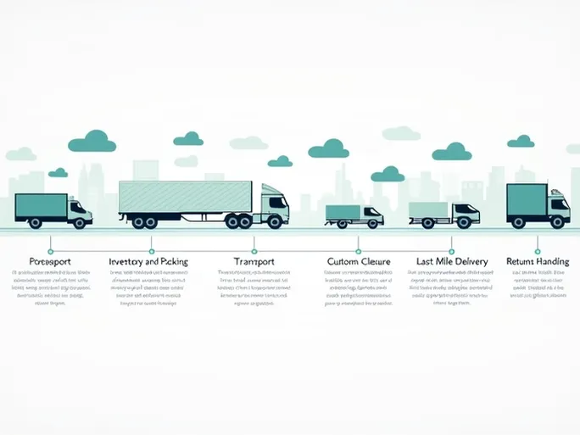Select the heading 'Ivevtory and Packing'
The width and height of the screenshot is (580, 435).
coord(148,262)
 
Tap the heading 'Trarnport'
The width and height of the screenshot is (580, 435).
coord(254,262)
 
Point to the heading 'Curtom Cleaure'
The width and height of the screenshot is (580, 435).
coord(358,262)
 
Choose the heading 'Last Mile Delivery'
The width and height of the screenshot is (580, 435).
coord(452,262)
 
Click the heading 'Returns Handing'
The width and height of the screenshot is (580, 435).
coord(538,262)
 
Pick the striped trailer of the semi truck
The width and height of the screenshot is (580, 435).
coord(186,198)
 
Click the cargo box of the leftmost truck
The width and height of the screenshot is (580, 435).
coord(41,206)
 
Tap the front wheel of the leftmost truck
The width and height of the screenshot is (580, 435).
coord(81,222)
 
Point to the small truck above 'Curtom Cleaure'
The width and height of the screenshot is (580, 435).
coord(354,215)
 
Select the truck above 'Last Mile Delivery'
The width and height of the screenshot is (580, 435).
coord(443,214)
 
